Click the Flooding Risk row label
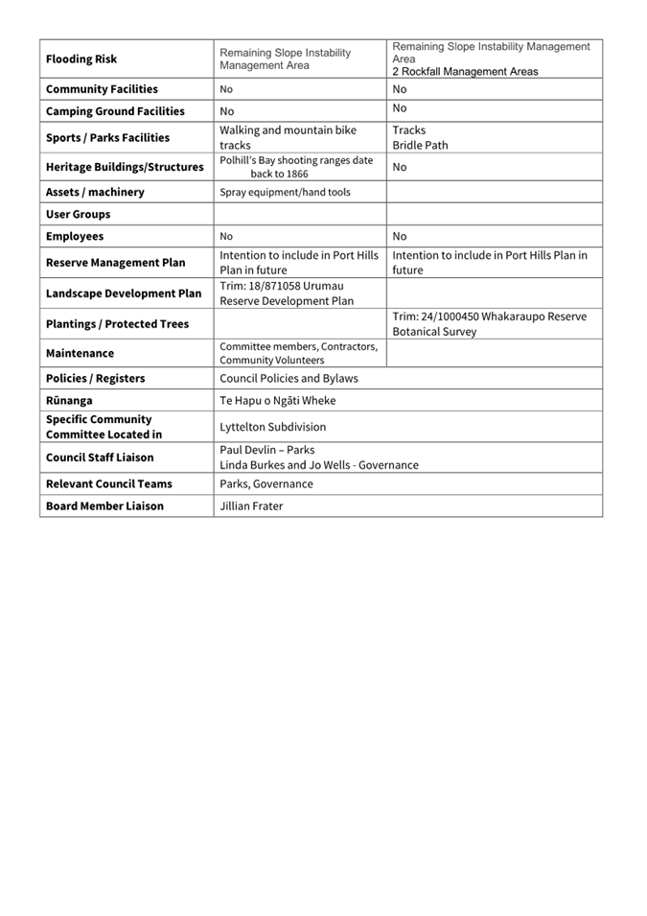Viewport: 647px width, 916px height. point(81,59)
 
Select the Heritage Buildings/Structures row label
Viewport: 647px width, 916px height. point(125,167)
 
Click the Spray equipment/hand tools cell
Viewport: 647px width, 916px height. point(285,192)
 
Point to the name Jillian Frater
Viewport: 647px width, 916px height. point(251,505)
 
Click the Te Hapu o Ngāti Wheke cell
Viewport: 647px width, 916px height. point(277,401)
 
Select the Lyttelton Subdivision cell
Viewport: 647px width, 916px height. point(272,427)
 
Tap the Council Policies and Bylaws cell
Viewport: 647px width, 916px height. point(288,378)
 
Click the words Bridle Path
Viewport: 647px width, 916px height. point(420,146)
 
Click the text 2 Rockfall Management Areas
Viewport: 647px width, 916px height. point(465,72)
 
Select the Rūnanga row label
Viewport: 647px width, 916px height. point(69,401)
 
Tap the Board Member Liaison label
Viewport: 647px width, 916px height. point(104,505)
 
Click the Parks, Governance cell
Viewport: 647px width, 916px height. point(266,483)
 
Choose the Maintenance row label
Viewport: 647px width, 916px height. point(80,353)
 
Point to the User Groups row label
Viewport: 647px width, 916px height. point(78,214)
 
